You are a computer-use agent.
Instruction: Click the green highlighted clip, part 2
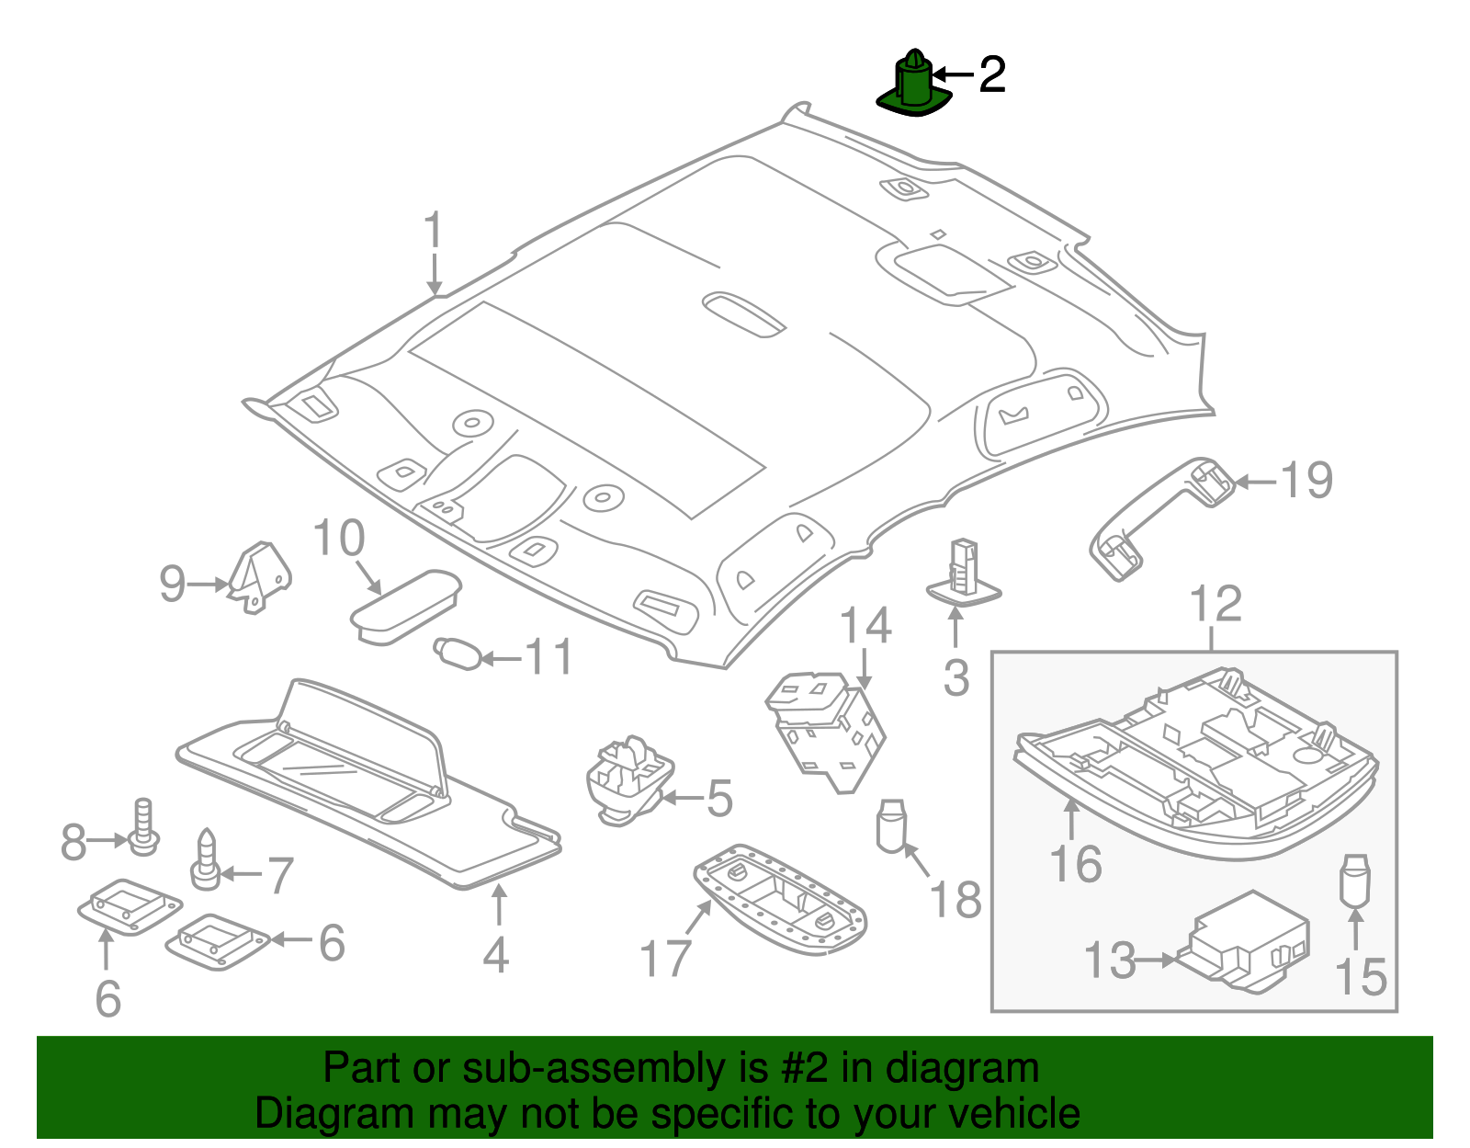click(912, 86)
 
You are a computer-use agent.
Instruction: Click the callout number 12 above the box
click(1215, 604)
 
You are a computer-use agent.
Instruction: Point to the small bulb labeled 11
click(458, 654)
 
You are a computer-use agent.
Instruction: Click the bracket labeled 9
click(262, 575)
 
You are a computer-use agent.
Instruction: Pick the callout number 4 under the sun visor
click(496, 955)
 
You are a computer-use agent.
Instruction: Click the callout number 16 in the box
click(1075, 864)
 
